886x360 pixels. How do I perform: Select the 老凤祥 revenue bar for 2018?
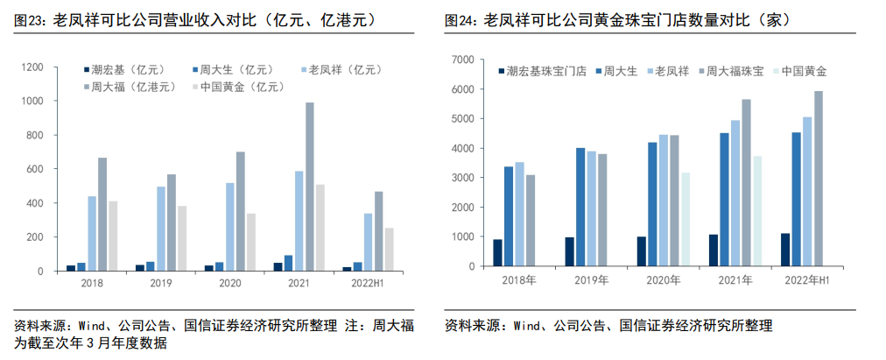click(x=92, y=234)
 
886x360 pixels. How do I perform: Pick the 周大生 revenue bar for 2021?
click(x=289, y=263)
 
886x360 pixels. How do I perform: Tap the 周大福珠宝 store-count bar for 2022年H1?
click(x=818, y=179)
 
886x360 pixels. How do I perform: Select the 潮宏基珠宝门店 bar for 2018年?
click(x=497, y=252)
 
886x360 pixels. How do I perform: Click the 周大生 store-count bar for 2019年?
click(x=580, y=207)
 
